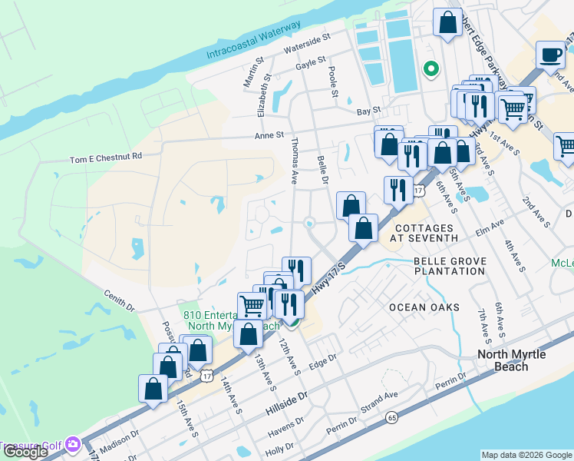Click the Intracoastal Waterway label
254,41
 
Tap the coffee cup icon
550,55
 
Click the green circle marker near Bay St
430,70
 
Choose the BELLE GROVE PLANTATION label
450,267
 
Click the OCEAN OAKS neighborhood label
424,307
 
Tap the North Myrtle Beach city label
513,360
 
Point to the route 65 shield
392,417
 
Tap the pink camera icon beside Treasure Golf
73,444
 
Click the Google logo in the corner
25,452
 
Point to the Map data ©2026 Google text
526,455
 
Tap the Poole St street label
334,81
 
